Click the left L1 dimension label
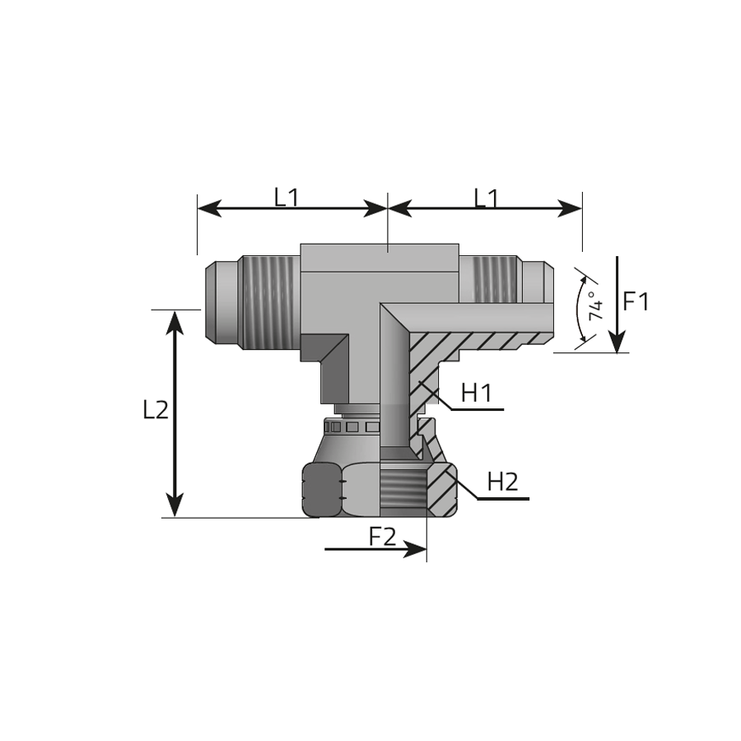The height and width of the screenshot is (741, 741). tap(287, 197)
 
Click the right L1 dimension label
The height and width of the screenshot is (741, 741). tap(487, 198)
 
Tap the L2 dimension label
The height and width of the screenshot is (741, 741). tap(156, 410)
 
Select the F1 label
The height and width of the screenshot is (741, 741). tap(636, 301)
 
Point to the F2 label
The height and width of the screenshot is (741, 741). tap(382, 536)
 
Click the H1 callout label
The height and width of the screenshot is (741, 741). tap(477, 393)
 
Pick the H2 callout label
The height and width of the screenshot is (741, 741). tap(503, 482)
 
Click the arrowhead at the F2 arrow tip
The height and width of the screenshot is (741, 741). tap(416, 549)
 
